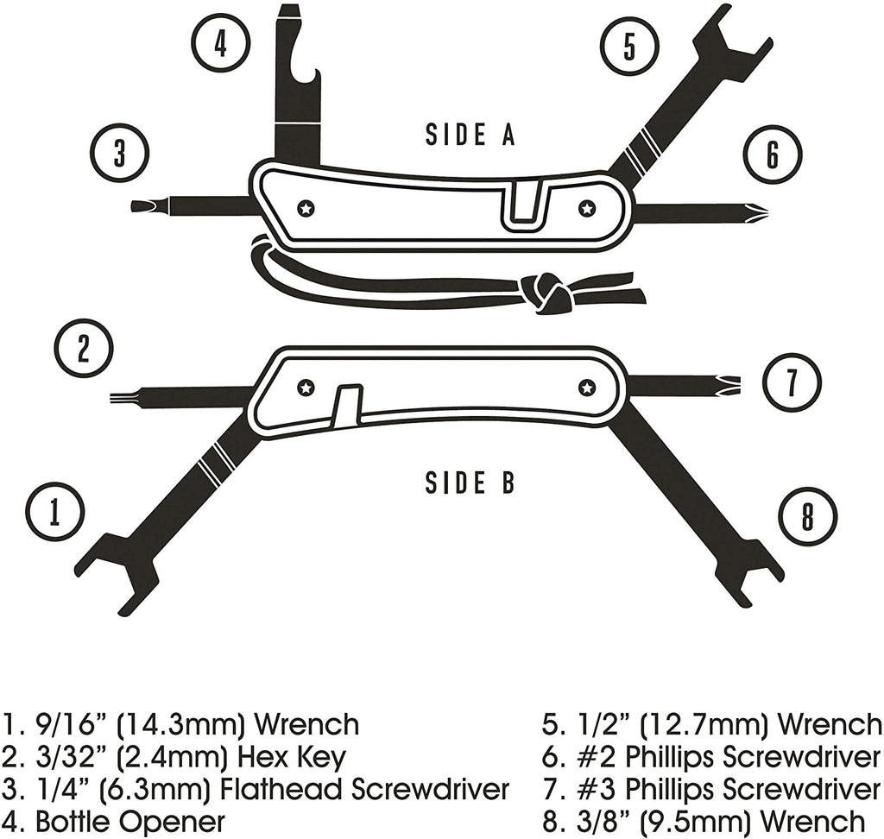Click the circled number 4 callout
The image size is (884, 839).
tap(220, 43)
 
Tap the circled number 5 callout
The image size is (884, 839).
tap(629, 46)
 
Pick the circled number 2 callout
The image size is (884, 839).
tap(84, 350)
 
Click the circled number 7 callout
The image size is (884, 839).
tap(792, 383)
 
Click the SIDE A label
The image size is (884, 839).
tap(470, 135)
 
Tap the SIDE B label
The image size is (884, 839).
tap(470, 483)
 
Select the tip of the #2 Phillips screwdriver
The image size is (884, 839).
tap(758, 212)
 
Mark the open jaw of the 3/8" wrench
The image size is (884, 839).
tap(744, 570)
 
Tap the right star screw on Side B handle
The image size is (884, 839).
tap(587, 388)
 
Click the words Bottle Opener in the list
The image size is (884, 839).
tap(129, 822)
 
